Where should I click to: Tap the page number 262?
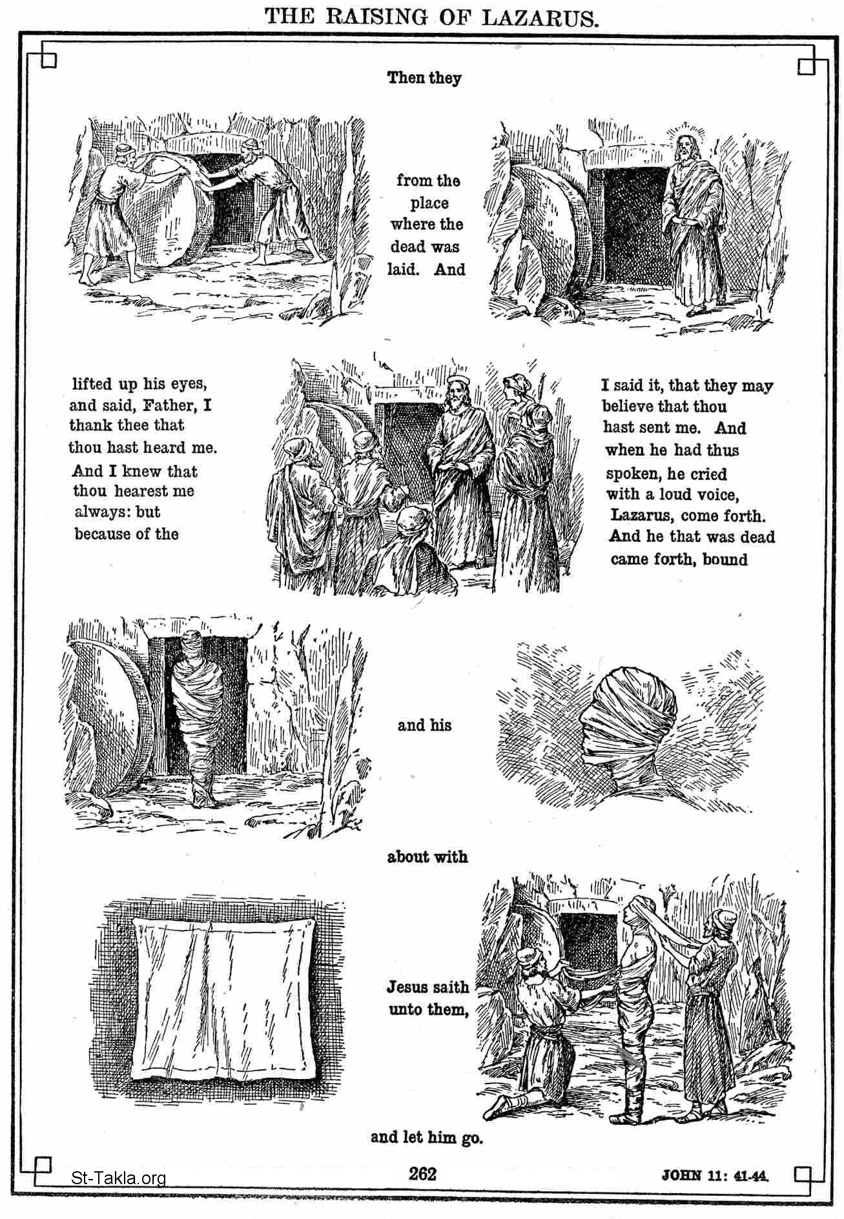click(422, 1173)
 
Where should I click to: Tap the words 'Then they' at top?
click(424, 78)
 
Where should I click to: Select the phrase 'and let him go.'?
click(426, 1137)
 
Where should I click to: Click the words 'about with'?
click(427, 857)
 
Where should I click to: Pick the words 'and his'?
click(424, 725)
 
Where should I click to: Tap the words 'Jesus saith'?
click(428, 987)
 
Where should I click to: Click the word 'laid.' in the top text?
click(403, 269)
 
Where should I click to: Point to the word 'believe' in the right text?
click(628, 407)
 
